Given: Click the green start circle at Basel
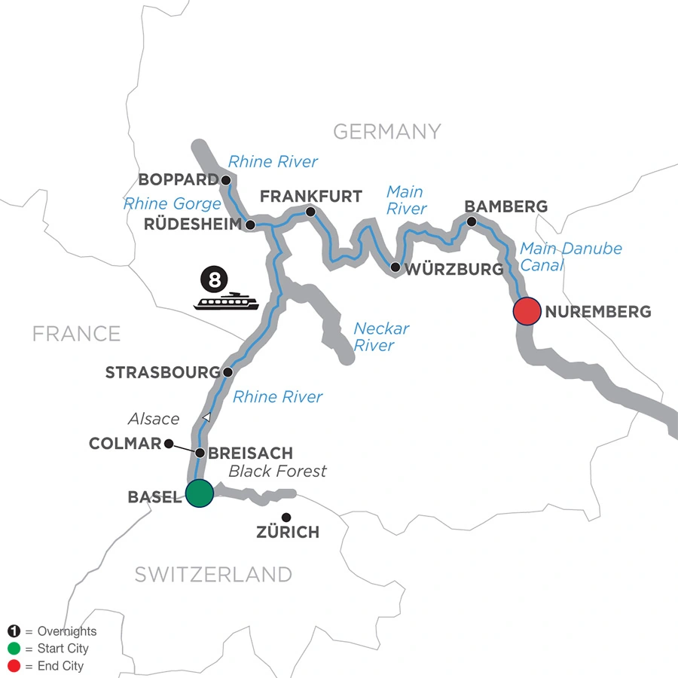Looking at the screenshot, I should pos(199,494).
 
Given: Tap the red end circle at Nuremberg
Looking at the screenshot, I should pos(527,311).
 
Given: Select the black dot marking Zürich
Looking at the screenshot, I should pos(286,517).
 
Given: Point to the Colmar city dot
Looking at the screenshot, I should pos(169,443).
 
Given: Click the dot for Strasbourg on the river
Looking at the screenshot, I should pos(227,372).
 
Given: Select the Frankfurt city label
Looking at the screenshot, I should pos(310,197).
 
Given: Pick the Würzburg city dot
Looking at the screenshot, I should pos(395,267).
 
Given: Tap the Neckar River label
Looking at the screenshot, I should pos(381,337).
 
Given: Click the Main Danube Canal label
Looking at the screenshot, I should pos(570,256).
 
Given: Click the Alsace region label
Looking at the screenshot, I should pos(154,419).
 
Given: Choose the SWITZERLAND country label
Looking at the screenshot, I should pos(213,574).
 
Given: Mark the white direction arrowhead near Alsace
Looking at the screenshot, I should pos(206,417).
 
